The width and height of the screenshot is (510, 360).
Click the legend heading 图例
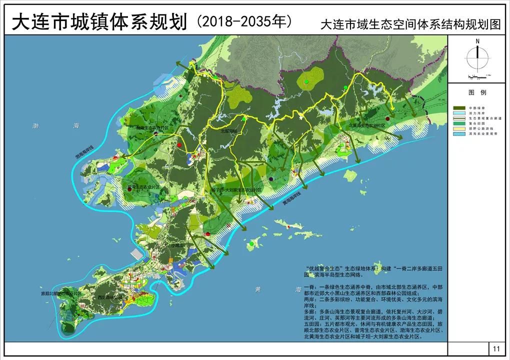pyautogui.click(x=477, y=93)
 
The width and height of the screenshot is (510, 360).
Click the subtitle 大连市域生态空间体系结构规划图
pyautogui.click(x=410, y=25)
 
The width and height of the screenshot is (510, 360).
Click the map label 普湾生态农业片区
pyautogui.click(x=143, y=187)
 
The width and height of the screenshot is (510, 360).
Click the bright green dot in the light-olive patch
pyautogui.click(x=306, y=81)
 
